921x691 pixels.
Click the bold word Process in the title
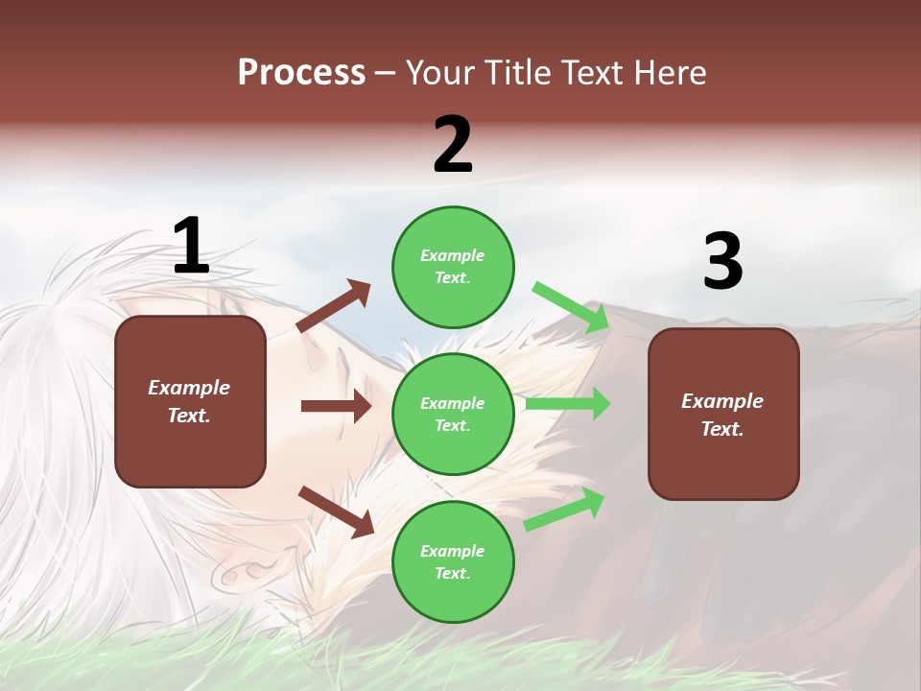301,73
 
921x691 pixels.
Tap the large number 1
191,246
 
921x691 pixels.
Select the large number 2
453,145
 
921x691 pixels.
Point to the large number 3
722,262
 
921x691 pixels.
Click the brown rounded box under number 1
190,401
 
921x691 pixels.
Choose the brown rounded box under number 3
723,414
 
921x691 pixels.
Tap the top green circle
453,267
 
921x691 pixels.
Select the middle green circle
453,414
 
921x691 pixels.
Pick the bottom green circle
453,561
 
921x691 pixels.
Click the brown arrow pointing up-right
334,305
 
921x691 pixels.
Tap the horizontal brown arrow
336,406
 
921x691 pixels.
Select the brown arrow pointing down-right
336,511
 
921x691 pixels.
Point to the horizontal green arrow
568,403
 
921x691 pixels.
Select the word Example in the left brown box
189,388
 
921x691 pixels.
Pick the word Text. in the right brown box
722,429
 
